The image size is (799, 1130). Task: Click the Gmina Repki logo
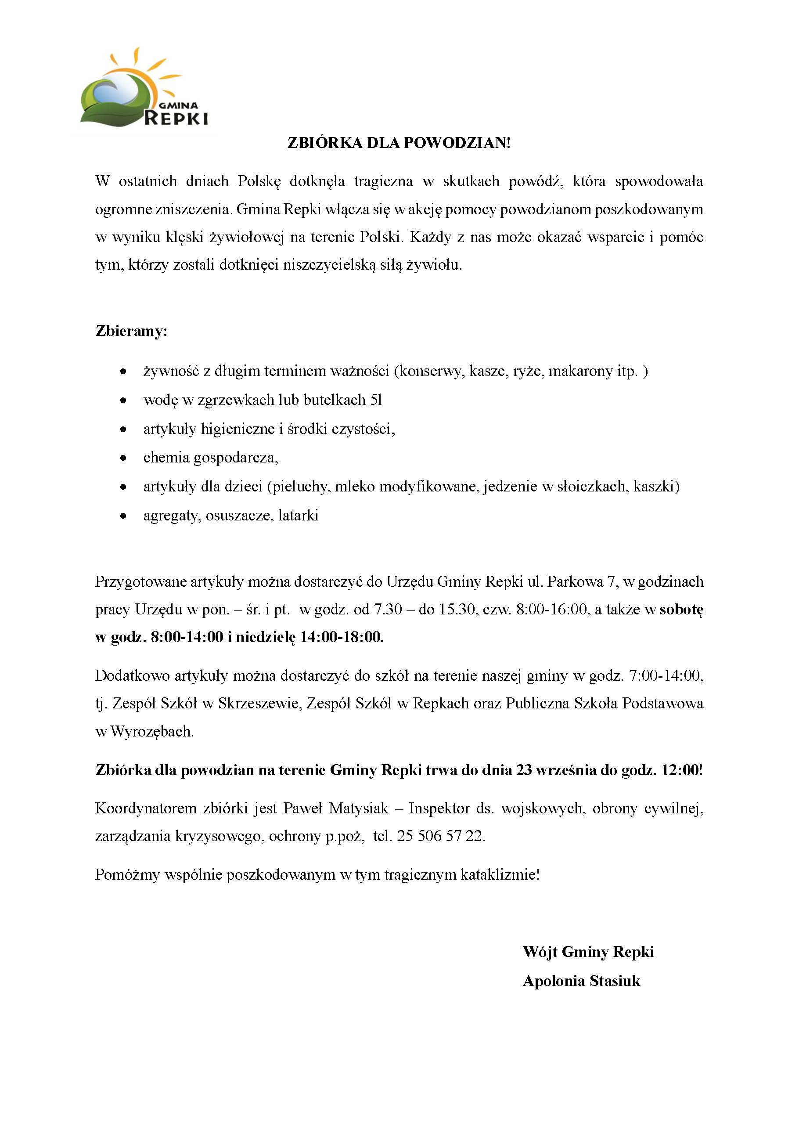click(x=144, y=91)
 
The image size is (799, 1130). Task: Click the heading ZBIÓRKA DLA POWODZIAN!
click(x=399, y=143)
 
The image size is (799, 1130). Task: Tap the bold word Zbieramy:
click(x=131, y=331)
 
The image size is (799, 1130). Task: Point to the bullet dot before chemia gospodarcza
click(x=124, y=458)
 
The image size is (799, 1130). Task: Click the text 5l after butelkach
click(x=376, y=400)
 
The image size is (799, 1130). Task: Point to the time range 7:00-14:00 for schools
click(x=666, y=676)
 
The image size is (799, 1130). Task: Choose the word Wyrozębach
click(x=152, y=731)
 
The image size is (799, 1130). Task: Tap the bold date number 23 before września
click(x=524, y=770)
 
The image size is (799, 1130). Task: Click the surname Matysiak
click(x=359, y=808)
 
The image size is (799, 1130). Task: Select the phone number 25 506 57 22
click(x=440, y=836)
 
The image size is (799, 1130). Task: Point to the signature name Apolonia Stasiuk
click(x=582, y=981)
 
